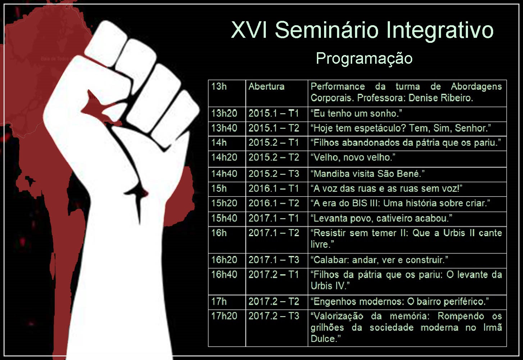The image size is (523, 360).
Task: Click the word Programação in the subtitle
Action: coord(364,59)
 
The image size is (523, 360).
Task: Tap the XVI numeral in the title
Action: coord(249,30)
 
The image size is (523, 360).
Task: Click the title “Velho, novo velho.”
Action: coord(353,157)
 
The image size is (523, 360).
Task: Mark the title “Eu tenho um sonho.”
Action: coord(356,113)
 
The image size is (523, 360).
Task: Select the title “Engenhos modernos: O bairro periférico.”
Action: coord(400,302)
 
